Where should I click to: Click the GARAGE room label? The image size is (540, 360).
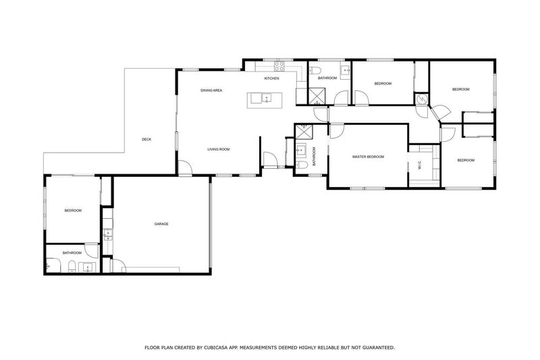pyautogui.click(x=161, y=224)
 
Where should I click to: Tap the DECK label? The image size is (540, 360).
pyautogui.click(x=146, y=140)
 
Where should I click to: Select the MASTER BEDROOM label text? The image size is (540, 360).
pyautogui.click(x=368, y=157)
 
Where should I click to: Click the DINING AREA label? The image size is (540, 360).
pyautogui.click(x=211, y=90)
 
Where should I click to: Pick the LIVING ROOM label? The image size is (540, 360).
pyautogui.click(x=219, y=149)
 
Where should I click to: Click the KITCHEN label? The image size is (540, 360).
pyautogui.click(x=271, y=79)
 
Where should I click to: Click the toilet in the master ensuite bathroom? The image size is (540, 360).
pyautogui.click(x=303, y=164)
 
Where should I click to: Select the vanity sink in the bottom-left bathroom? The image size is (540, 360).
pyautogui.click(x=86, y=267)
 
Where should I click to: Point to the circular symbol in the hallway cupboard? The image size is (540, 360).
pyautogui.click(x=421, y=99)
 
